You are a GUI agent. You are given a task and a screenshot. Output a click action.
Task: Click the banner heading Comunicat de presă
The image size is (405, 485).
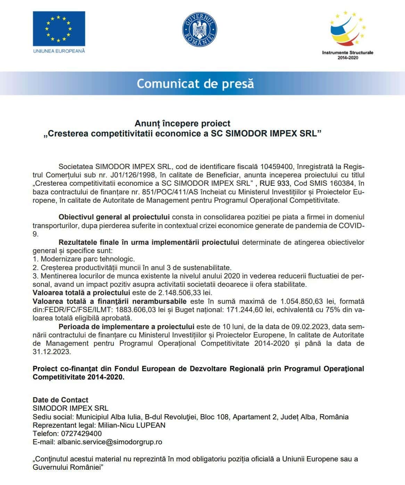tap(196, 84)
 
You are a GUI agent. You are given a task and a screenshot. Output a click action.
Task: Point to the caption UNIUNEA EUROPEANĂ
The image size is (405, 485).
tap(59, 51)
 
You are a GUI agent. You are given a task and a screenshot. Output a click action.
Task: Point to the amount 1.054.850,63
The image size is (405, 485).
tap(307, 301)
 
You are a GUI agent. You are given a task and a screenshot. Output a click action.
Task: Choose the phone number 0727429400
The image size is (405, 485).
tap(81, 434)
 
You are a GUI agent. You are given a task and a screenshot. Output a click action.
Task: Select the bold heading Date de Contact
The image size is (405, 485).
tap(60, 400)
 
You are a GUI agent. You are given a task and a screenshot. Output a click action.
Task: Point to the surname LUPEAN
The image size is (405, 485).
tap(151, 425)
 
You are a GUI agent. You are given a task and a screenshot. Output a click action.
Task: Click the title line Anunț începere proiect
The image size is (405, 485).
tap(182, 123)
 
